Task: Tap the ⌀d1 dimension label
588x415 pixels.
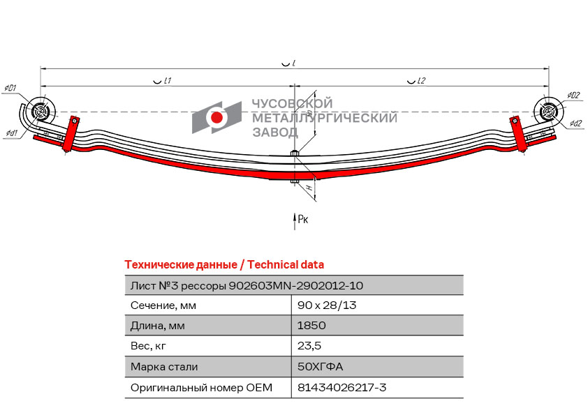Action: pyautogui.click(x=11, y=133)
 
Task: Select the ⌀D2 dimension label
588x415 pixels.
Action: pyautogui.click(x=573, y=96)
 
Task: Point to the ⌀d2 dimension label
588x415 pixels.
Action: pyautogui.click(x=575, y=123)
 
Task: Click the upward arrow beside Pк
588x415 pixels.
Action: pyautogui.click(x=294, y=220)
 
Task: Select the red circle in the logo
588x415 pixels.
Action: pyautogui.click(x=217, y=118)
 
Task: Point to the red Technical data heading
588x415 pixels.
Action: pyautogui.click(x=224, y=264)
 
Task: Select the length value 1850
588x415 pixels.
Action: pyautogui.click(x=311, y=326)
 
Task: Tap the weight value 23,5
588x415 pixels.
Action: pyautogui.click(x=309, y=346)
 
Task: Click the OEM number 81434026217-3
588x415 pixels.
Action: pyautogui.click(x=341, y=387)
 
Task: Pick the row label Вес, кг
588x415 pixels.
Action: pyautogui.click(x=149, y=346)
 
